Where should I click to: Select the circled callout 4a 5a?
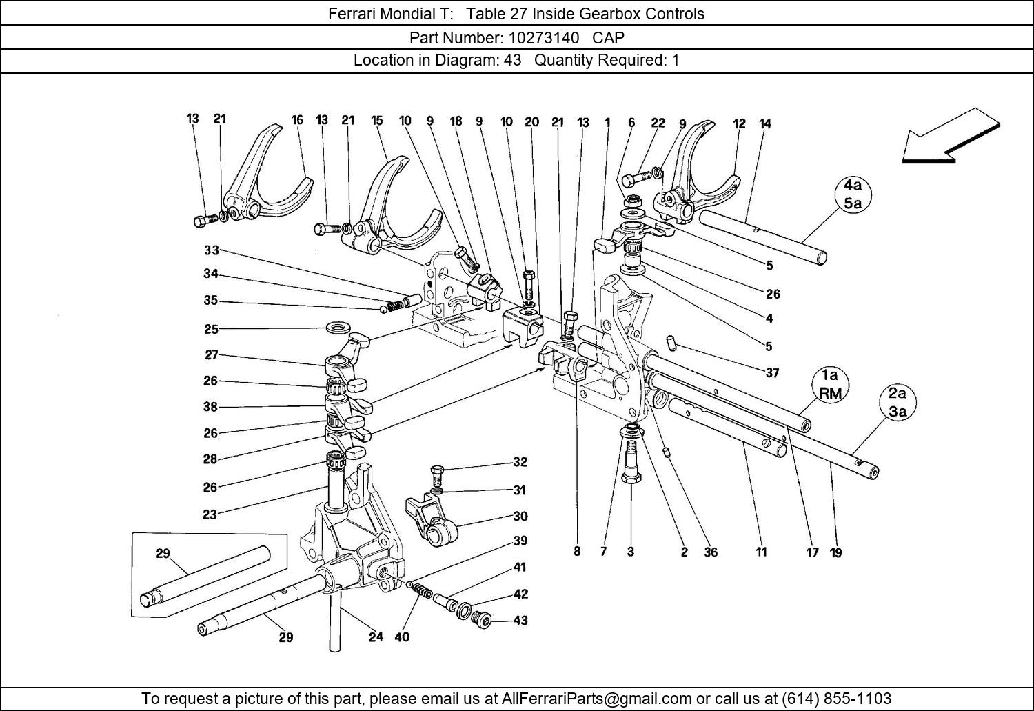tap(853, 194)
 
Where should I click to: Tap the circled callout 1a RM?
tap(829, 384)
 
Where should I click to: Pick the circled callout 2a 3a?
tap(897, 403)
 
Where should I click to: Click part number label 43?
tap(520, 621)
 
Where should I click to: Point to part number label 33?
tap(211, 250)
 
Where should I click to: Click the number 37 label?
tap(772, 373)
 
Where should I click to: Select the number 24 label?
tap(375, 637)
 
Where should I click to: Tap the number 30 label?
tap(520, 517)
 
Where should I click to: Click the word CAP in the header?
tap(609, 37)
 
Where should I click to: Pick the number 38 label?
tap(211, 407)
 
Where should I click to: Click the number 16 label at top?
tap(297, 119)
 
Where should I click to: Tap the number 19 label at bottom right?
tap(835, 552)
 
